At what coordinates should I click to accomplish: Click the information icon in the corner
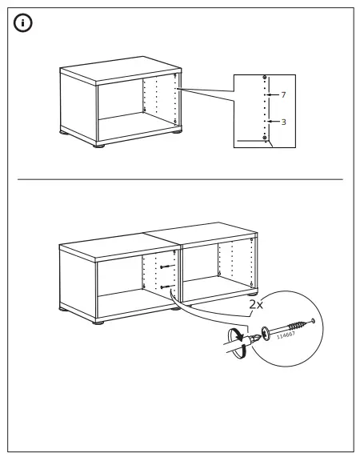(x=23, y=23)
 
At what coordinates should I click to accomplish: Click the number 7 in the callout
(x=282, y=94)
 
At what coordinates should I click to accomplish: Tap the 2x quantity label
(x=254, y=305)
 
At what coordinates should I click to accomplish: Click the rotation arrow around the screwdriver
(x=235, y=335)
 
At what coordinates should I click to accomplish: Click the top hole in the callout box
(x=265, y=78)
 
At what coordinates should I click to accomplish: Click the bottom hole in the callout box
(x=265, y=138)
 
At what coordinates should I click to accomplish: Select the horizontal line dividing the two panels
(x=180, y=179)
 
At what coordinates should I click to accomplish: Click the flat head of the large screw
(x=265, y=331)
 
